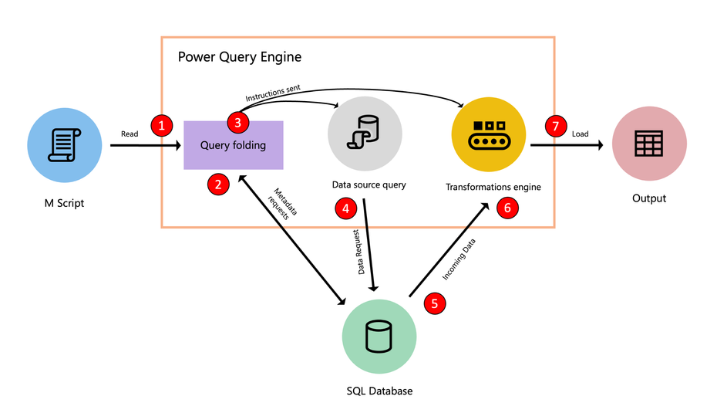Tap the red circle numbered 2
pyautogui.click(x=218, y=184)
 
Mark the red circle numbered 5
pyautogui.click(x=435, y=303)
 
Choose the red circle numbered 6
pyautogui.click(x=507, y=207)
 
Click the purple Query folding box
pyautogui.click(x=233, y=144)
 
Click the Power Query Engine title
pyautogui.click(x=240, y=57)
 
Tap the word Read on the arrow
pyautogui.click(x=130, y=134)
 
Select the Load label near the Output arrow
pyautogui.click(x=580, y=134)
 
